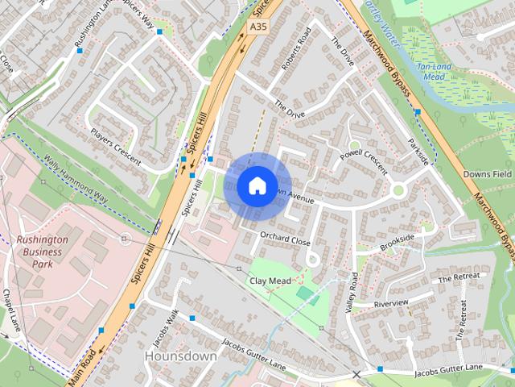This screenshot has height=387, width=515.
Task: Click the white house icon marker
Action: [257, 186]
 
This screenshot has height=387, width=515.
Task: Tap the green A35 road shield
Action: [257, 27]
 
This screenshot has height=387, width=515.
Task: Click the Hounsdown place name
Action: [180, 356]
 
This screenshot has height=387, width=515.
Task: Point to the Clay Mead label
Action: [269, 281]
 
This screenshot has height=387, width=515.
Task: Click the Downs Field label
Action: [488, 174]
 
